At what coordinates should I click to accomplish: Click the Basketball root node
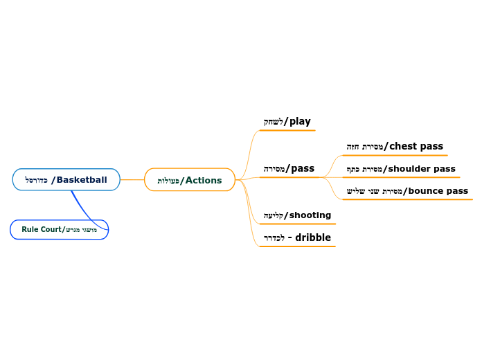66,180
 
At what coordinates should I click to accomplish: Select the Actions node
190,180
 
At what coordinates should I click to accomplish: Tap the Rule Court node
59,229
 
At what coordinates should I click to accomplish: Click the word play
300,121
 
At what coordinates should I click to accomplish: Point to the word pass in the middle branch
303,168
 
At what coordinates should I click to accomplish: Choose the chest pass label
416,146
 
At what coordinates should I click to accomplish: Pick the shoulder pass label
421,168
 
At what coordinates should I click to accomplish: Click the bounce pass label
438,190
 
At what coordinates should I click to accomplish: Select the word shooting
310,215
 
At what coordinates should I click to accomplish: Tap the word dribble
313,237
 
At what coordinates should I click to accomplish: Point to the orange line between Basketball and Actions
132,180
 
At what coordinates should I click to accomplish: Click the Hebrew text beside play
273,122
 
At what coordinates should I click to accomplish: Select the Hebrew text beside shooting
274,216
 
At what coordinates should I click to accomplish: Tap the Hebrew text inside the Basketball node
36,180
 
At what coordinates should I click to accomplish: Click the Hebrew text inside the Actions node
168,181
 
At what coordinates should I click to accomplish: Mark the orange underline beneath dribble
297,246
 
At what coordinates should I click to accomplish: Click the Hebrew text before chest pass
364,147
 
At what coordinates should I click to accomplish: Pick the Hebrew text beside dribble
274,238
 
